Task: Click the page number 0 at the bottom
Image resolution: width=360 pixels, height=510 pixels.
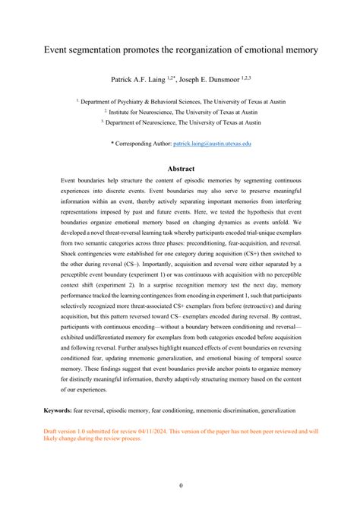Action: point(180,486)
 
